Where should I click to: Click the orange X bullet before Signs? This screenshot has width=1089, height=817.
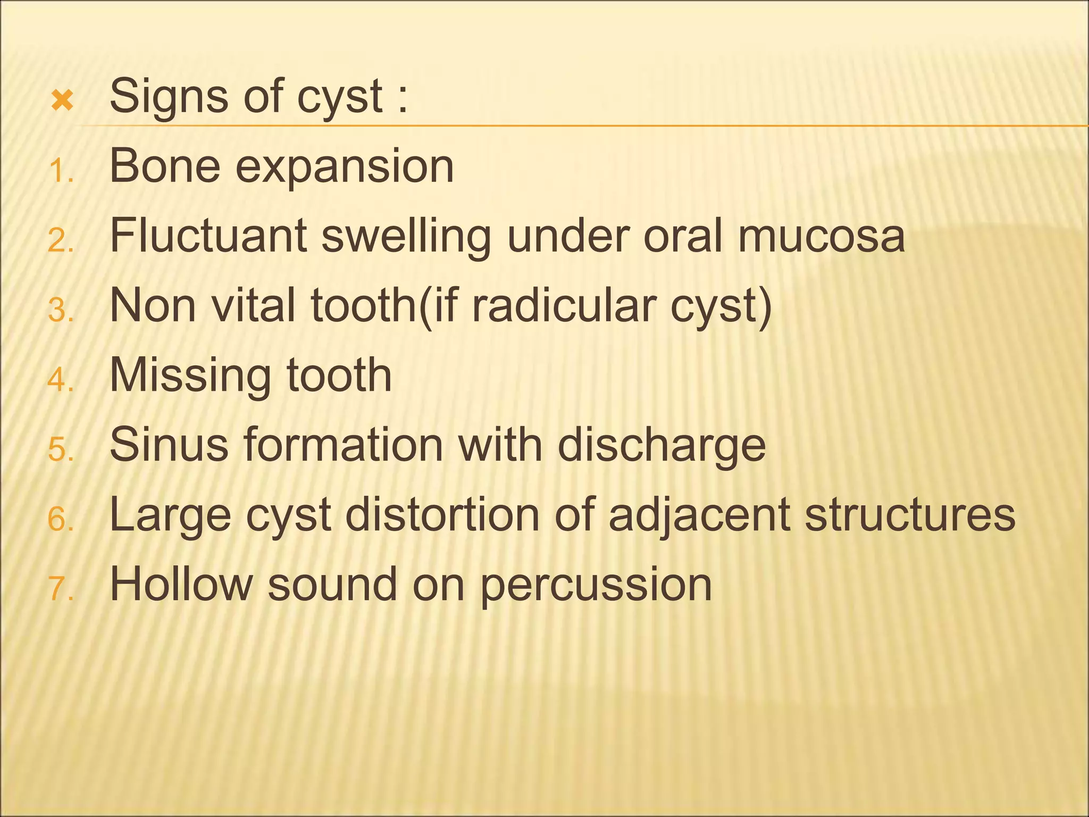(62, 101)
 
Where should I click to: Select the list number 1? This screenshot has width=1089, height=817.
(60, 171)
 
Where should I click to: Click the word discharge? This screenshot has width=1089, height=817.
(661, 447)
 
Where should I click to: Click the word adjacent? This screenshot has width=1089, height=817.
(699, 516)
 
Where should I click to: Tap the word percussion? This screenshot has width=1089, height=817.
(596, 587)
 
